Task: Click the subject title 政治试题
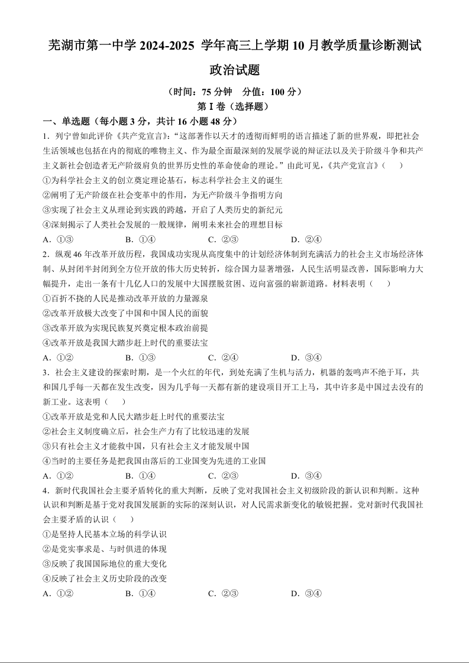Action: (x=235, y=70)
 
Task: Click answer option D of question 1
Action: (x=306, y=239)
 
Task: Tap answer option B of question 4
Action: (x=140, y=593)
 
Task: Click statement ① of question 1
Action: (x=163, y=180)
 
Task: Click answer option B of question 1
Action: (x=140, y=239)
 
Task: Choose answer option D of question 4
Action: (x=306, y=593)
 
